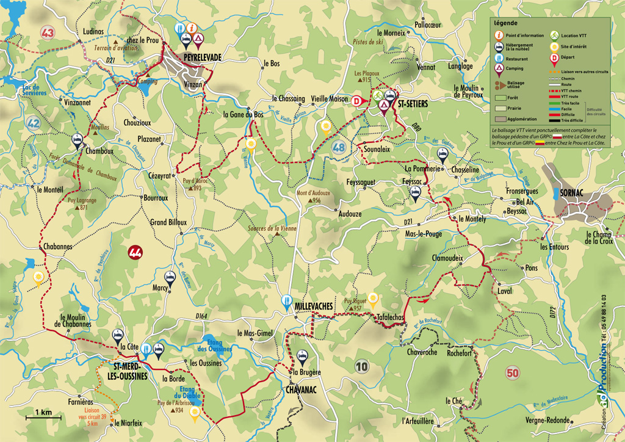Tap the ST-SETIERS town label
(x=413, y=104)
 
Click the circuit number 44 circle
(x=135, y=250)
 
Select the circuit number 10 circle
(x=363, y=366)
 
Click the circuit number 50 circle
(x=511, y=372)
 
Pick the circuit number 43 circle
(x=48, y=32)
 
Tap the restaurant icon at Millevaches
(x=286, y=300)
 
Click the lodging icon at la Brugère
(x=301, y=357)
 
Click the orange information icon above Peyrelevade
(x=192, y=27)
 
